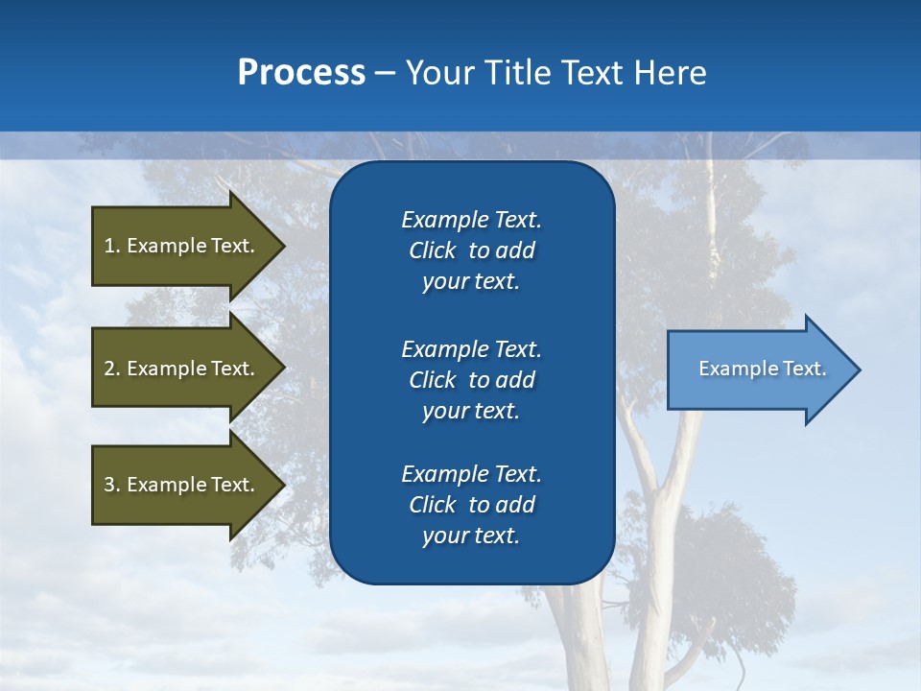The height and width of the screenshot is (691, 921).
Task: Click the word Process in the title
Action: (301, 73)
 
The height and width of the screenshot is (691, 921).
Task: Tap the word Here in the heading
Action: (670, 73)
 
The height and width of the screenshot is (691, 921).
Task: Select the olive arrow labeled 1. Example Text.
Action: (182, 246)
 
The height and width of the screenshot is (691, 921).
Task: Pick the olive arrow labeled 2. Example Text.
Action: (182, 369)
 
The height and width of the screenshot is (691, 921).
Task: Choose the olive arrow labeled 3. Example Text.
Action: (182, 485)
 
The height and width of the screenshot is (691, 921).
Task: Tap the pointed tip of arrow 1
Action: (282, 246)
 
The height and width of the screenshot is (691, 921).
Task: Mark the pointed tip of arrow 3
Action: (282, 485)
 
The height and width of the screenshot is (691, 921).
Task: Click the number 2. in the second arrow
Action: (112, 369)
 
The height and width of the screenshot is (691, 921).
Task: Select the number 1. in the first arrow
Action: (112, 246)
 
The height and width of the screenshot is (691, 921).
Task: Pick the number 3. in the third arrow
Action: (112, 485)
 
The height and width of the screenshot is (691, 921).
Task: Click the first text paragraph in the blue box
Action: (471, 250)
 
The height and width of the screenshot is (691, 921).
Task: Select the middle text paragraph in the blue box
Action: (471, 380)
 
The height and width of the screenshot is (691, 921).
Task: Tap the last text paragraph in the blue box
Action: (471, 505)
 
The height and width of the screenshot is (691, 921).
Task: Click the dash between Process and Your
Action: (385, 73)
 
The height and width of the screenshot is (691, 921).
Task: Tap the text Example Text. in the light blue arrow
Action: (762, 369)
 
